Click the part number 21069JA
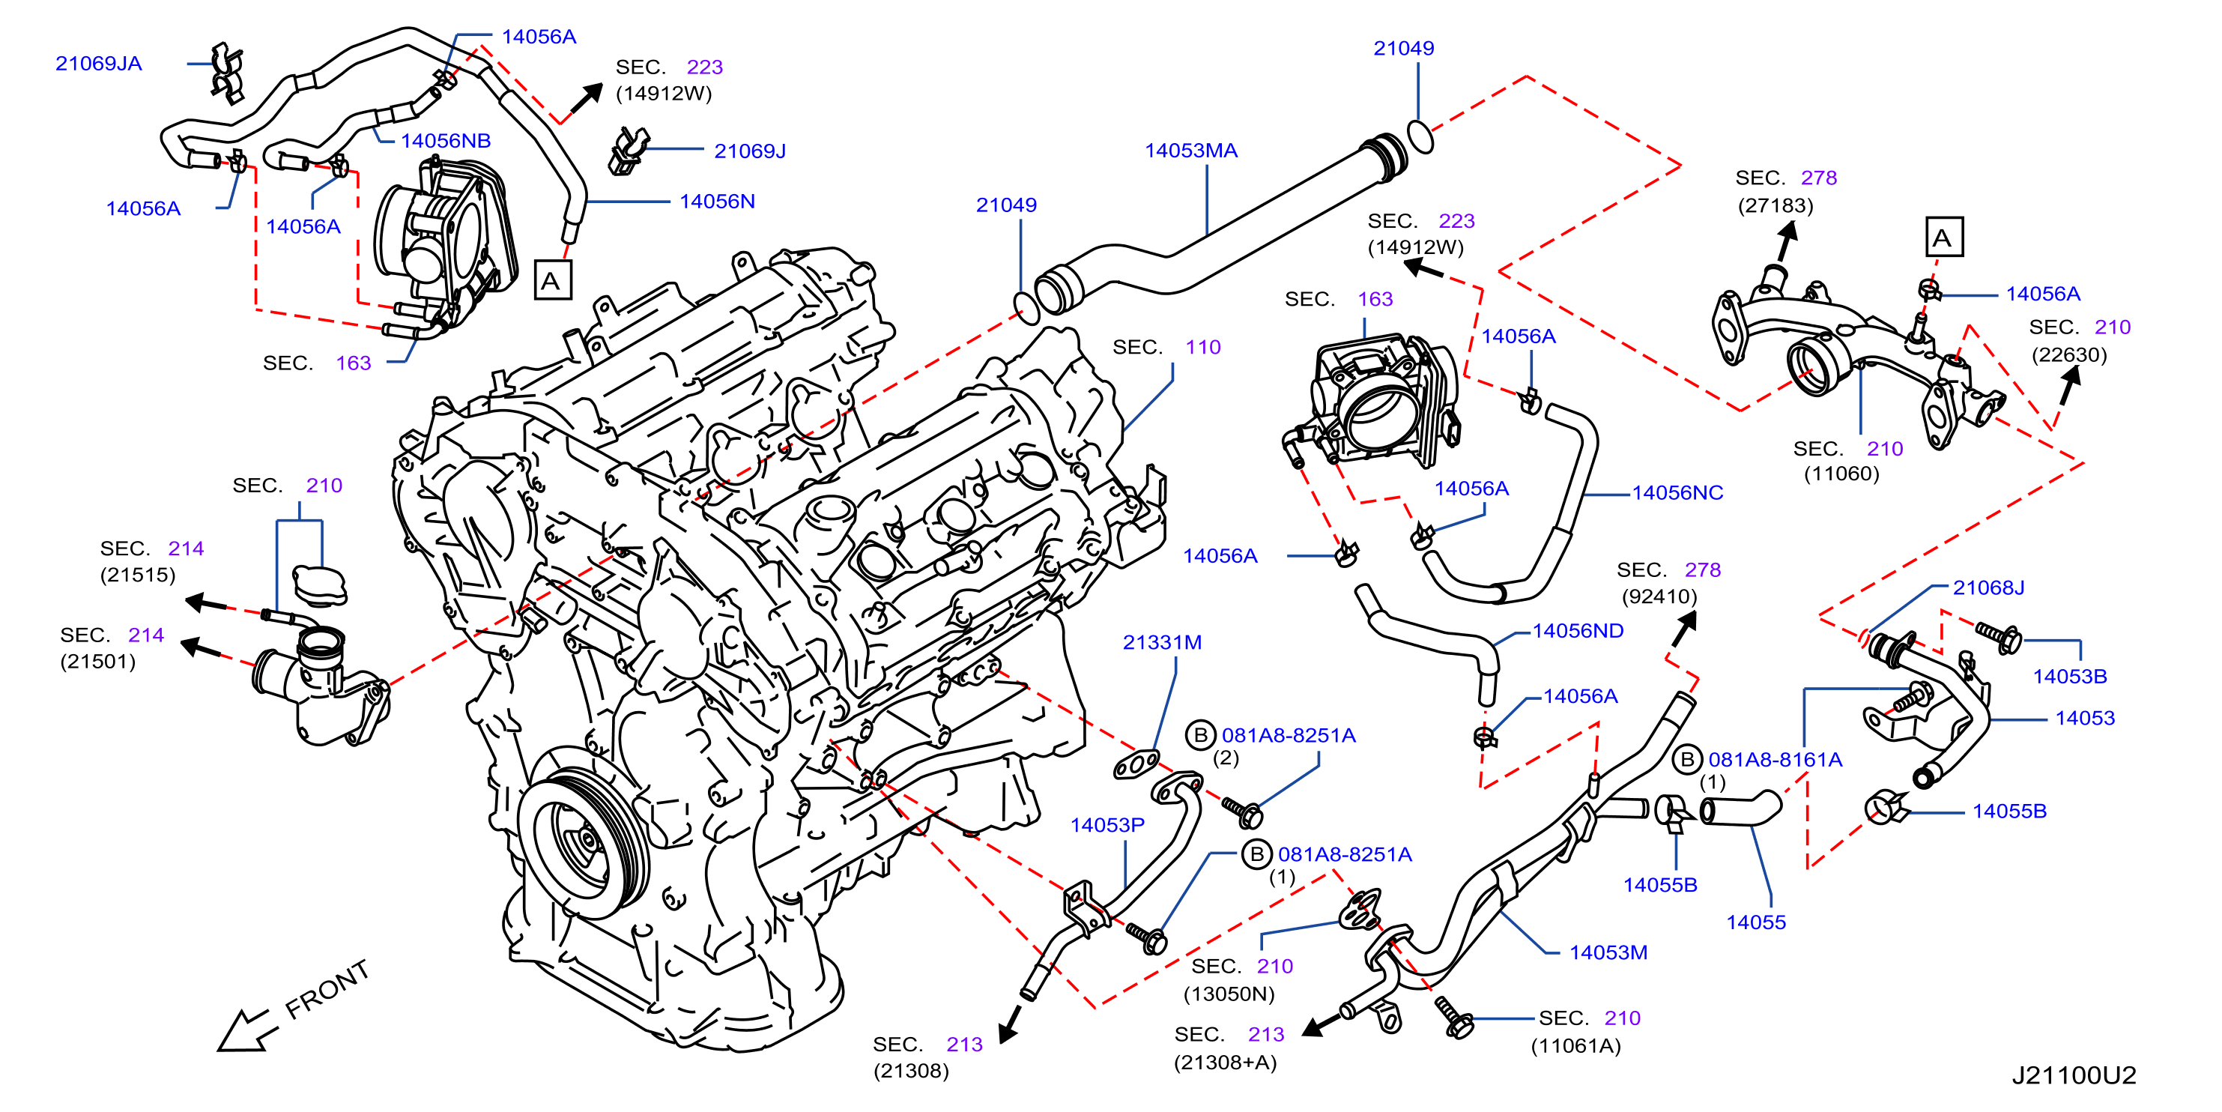point(98,63)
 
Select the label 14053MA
point(1190,150)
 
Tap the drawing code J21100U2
point(2074,1075)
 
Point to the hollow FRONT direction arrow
point(246,1030)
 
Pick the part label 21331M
point(1162,642)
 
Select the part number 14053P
point(1107,825)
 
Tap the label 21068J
point(1988,587)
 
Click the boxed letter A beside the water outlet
point(1944,238)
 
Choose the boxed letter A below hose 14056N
point(553,280)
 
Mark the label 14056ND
point(1578,631)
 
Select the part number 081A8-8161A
point(1776,759)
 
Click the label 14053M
point(1608,952)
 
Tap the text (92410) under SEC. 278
point(1659,596)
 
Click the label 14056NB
point(445,141)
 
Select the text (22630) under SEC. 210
point(2068,354)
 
